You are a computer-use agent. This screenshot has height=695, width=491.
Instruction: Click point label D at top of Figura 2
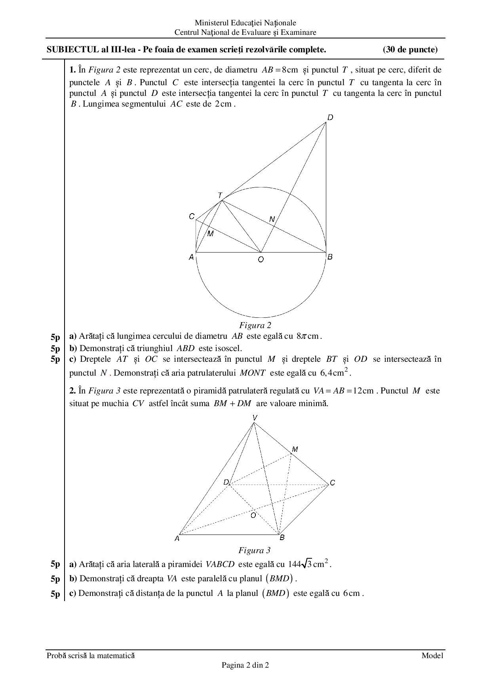click(x=330, y=117)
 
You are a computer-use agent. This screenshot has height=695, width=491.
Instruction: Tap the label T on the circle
click(x=220, y=196)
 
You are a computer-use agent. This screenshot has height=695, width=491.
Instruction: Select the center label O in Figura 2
click(x=261, y=260)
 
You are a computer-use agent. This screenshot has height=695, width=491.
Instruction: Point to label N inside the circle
click(x=272, y=219)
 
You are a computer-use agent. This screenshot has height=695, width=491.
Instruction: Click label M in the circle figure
click(x=210, y=234)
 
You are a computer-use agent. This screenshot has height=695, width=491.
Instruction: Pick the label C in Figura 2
click(x=192, y=216)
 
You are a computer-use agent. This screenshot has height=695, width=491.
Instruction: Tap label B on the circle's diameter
click(x=330, y=257)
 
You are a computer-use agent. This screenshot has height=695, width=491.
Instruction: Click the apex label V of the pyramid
click(x=255, y=418)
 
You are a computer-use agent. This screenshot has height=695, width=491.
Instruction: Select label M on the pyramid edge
click(x=295, y=449)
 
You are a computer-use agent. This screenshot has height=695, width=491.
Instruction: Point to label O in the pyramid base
click(x=253, y=515)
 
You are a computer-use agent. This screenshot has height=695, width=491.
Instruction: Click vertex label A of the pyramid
click(x=177, y=538)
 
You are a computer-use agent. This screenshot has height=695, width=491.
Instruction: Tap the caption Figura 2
click(x=255, y=325)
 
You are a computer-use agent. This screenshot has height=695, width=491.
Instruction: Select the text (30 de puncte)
click(x=410, y=50)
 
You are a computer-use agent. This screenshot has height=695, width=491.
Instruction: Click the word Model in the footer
click(x=432, y=655)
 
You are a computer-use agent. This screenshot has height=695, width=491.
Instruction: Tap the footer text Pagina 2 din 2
click(x=245, y=665)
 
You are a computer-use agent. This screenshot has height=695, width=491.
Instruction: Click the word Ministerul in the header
click(x=211, y=23)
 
